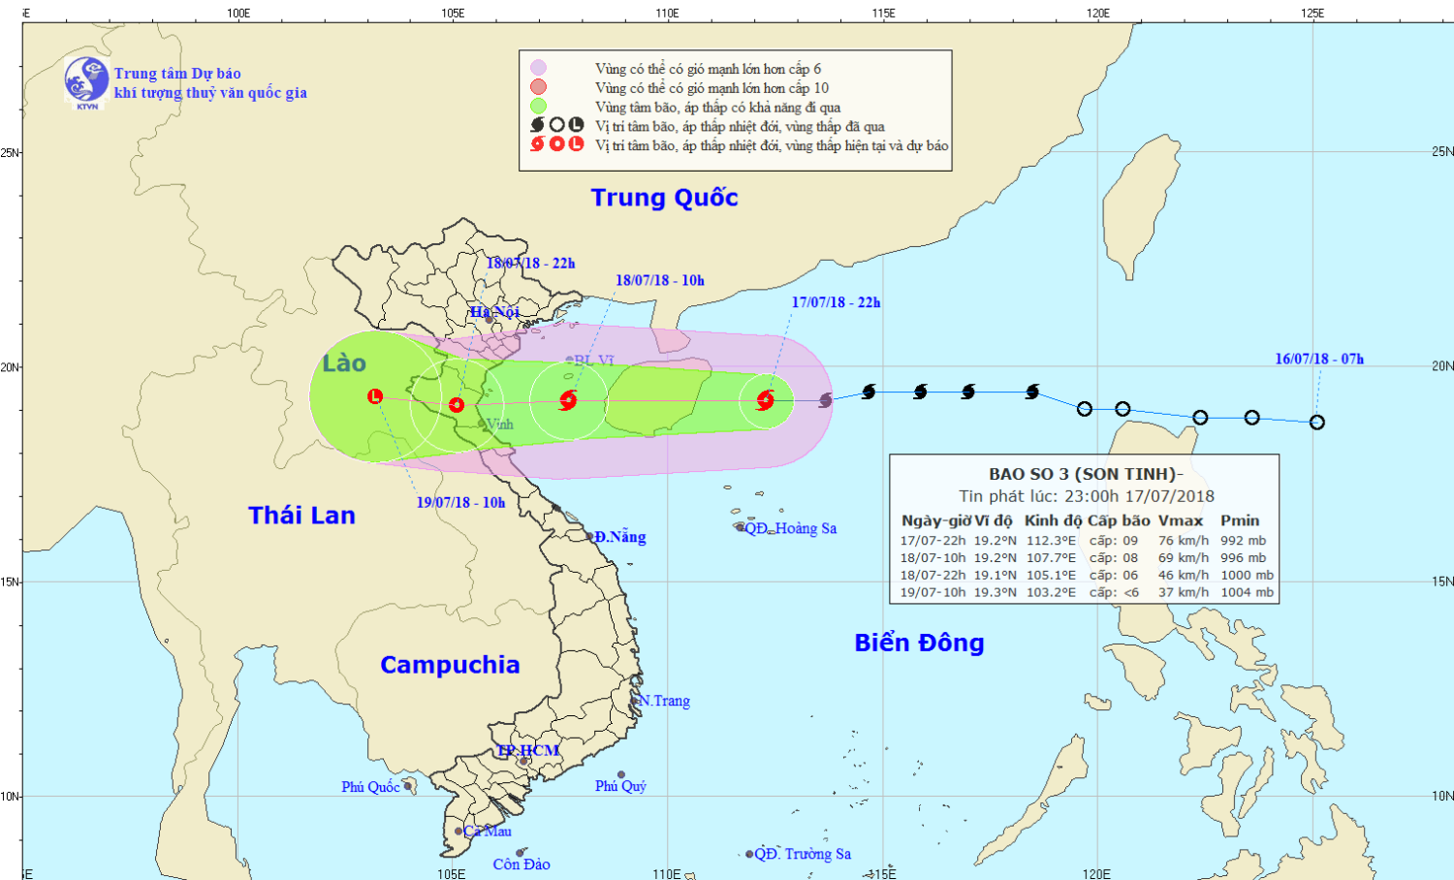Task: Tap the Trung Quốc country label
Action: coord(664,198)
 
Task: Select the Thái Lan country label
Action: coord(301,516)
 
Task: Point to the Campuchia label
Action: coord(450,665)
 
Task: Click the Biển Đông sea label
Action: coord(919,643)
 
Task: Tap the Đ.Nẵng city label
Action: coord(620,537)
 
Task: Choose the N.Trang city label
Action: coord(665,701)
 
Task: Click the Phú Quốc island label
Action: coord(370,787)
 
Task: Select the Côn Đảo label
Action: coord(522,864)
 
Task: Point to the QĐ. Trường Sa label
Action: coord(803,854)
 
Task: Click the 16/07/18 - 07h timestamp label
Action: coord(1319,359)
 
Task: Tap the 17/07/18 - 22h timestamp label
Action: coord(836,302)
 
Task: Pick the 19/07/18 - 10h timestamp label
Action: coord(460,502)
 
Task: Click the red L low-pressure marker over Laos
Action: coord(375,396)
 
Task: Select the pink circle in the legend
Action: coord(538,68)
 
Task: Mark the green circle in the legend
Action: coord(538,107)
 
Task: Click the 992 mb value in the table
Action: coord(1244,541)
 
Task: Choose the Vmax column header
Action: coord(1180,520)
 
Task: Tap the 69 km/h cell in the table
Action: coord(1184,558)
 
